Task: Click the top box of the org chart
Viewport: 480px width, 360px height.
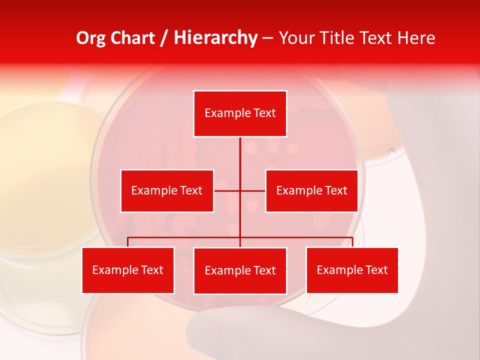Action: click(240, 113)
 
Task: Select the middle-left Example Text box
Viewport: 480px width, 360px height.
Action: click(167, 190)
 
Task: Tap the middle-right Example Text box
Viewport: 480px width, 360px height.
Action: click(311, 190)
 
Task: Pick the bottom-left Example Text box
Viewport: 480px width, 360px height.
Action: click(128, 270)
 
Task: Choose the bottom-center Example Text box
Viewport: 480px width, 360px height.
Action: click(240, 270)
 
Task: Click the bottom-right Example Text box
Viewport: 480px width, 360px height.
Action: click(352, 270)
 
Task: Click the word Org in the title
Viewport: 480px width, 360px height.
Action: click(90, 37)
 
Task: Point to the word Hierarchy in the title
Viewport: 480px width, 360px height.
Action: click(215, 38)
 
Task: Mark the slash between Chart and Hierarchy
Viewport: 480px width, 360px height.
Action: click(164, 38)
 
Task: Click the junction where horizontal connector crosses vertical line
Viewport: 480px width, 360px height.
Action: click(240, 190)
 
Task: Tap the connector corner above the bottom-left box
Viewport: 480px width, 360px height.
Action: click(128, 237)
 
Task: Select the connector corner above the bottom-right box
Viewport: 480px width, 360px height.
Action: click(352, 237)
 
